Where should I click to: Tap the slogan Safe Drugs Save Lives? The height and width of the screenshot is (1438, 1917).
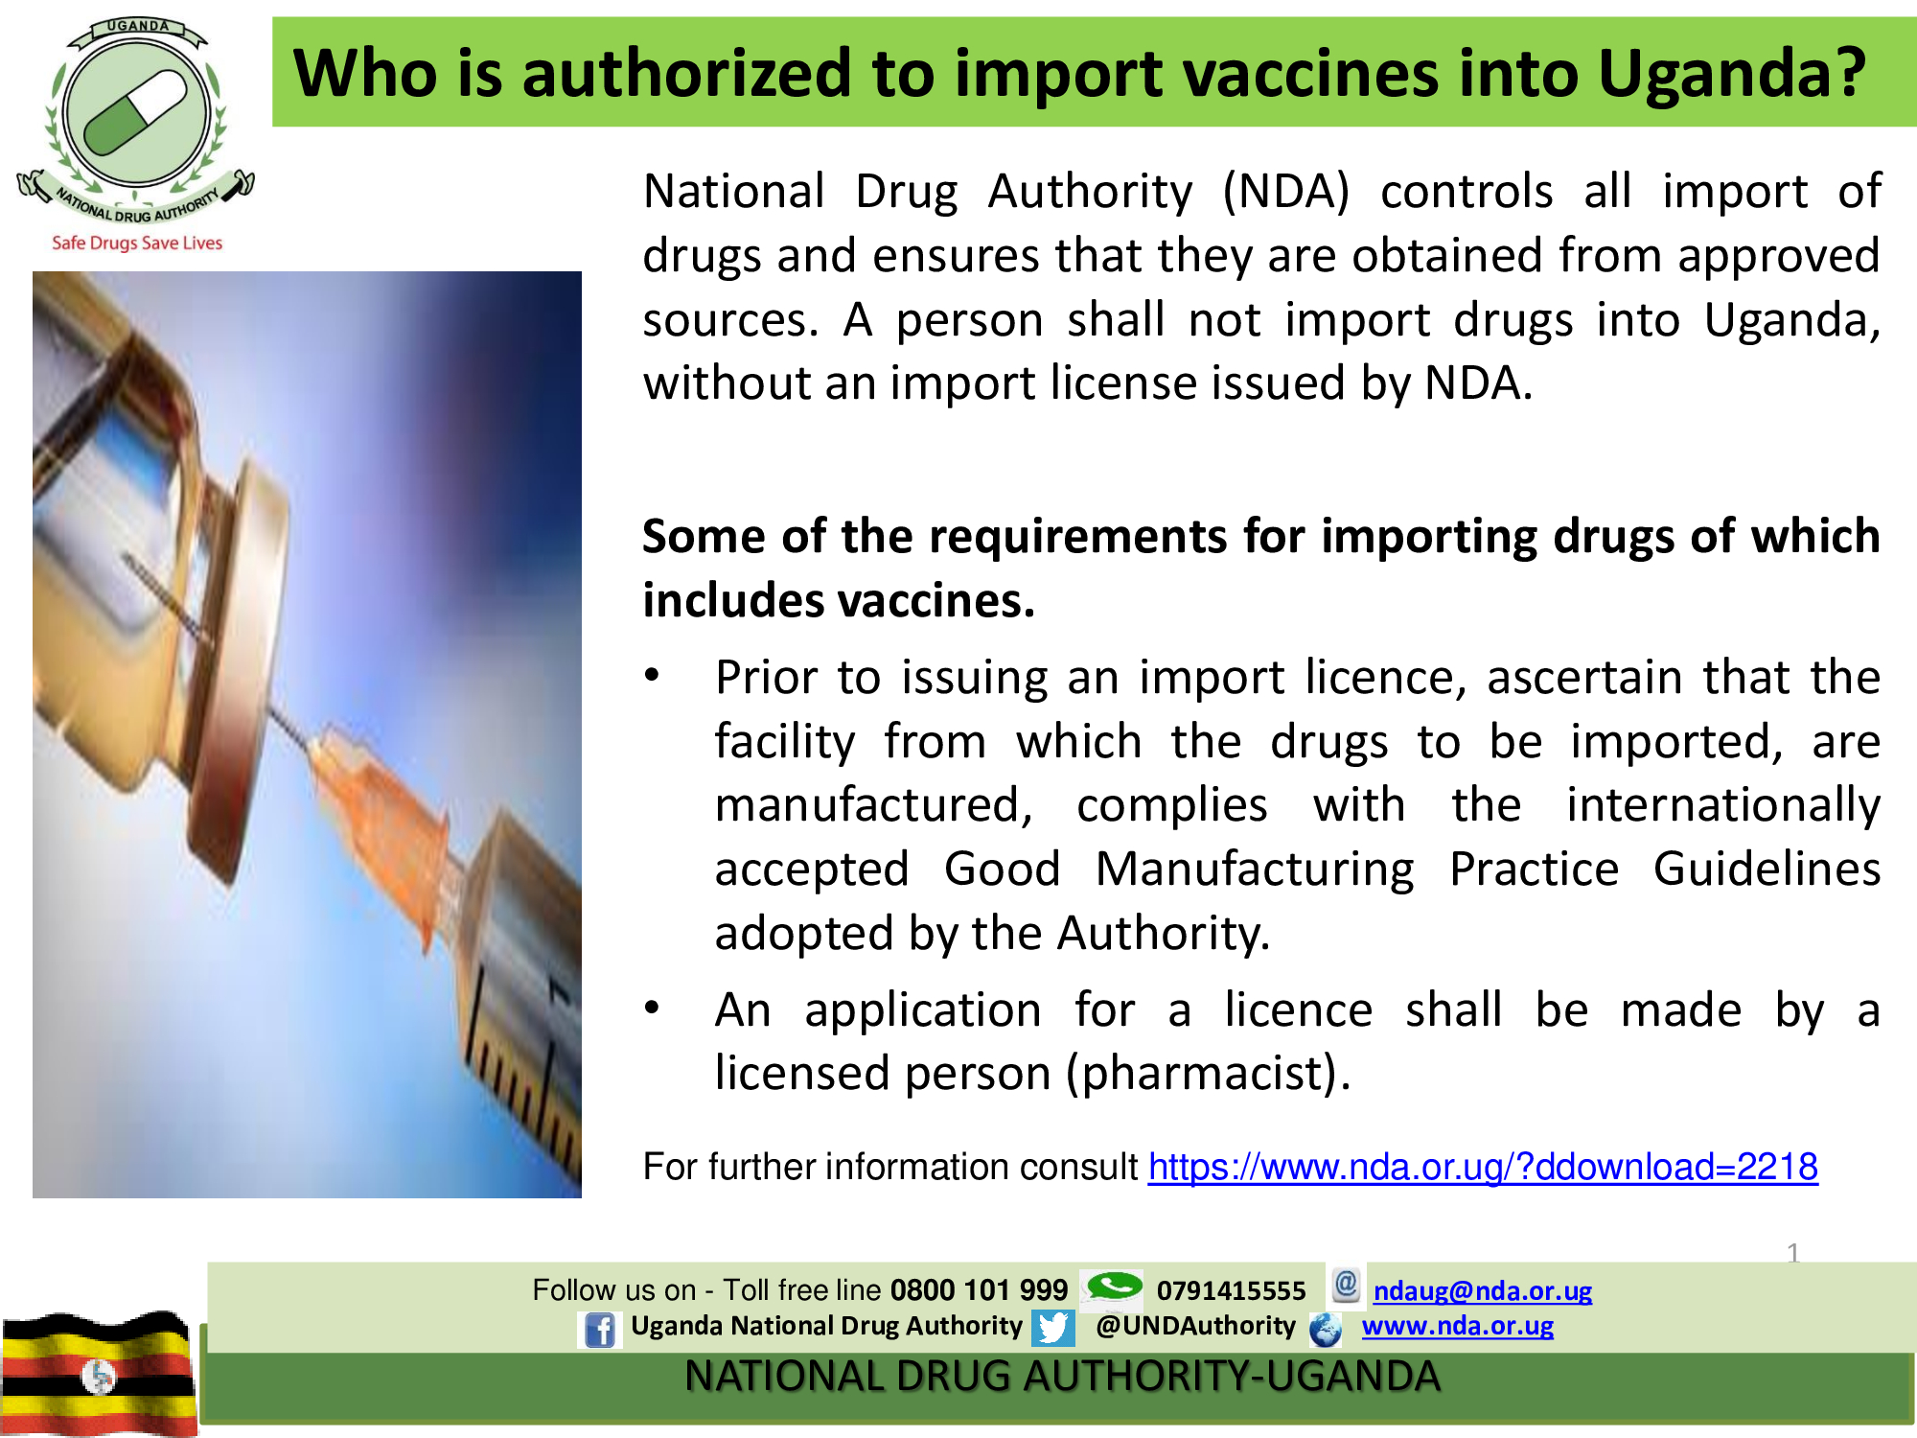pyautogui.click(x=137, y=244)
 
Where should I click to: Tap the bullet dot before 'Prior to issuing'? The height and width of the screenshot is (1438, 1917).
pyautogui.click(x=652, y=675)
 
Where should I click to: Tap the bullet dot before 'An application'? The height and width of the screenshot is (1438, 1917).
pyautogui.click(x=652, y=1008)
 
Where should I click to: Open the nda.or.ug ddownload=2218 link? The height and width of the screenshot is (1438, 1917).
pyautogui.click(x=1483, y=1167)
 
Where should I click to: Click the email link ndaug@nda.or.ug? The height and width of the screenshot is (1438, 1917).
pyautogui.click(x=1483, y=1290)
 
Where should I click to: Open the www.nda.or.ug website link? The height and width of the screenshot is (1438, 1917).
pyautogui.click(x=1458, y=1326)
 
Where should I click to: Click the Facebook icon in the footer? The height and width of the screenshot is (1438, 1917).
pyautogui.click(x=600, y=1330)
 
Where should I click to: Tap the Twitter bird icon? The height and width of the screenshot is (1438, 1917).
pyautogui.click(x=1052, y=1328)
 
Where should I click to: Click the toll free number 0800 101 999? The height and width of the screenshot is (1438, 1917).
pyautogui.click(x=979, y=1290)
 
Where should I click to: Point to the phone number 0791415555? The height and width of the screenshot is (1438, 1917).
pyautogui.click(x=1231, y=1290)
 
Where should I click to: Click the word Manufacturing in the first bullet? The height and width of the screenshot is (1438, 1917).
pyautogui.click(x=1255, y=870)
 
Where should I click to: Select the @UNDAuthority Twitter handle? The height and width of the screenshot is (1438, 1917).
pyautogui.click(x=1195, y=1326)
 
